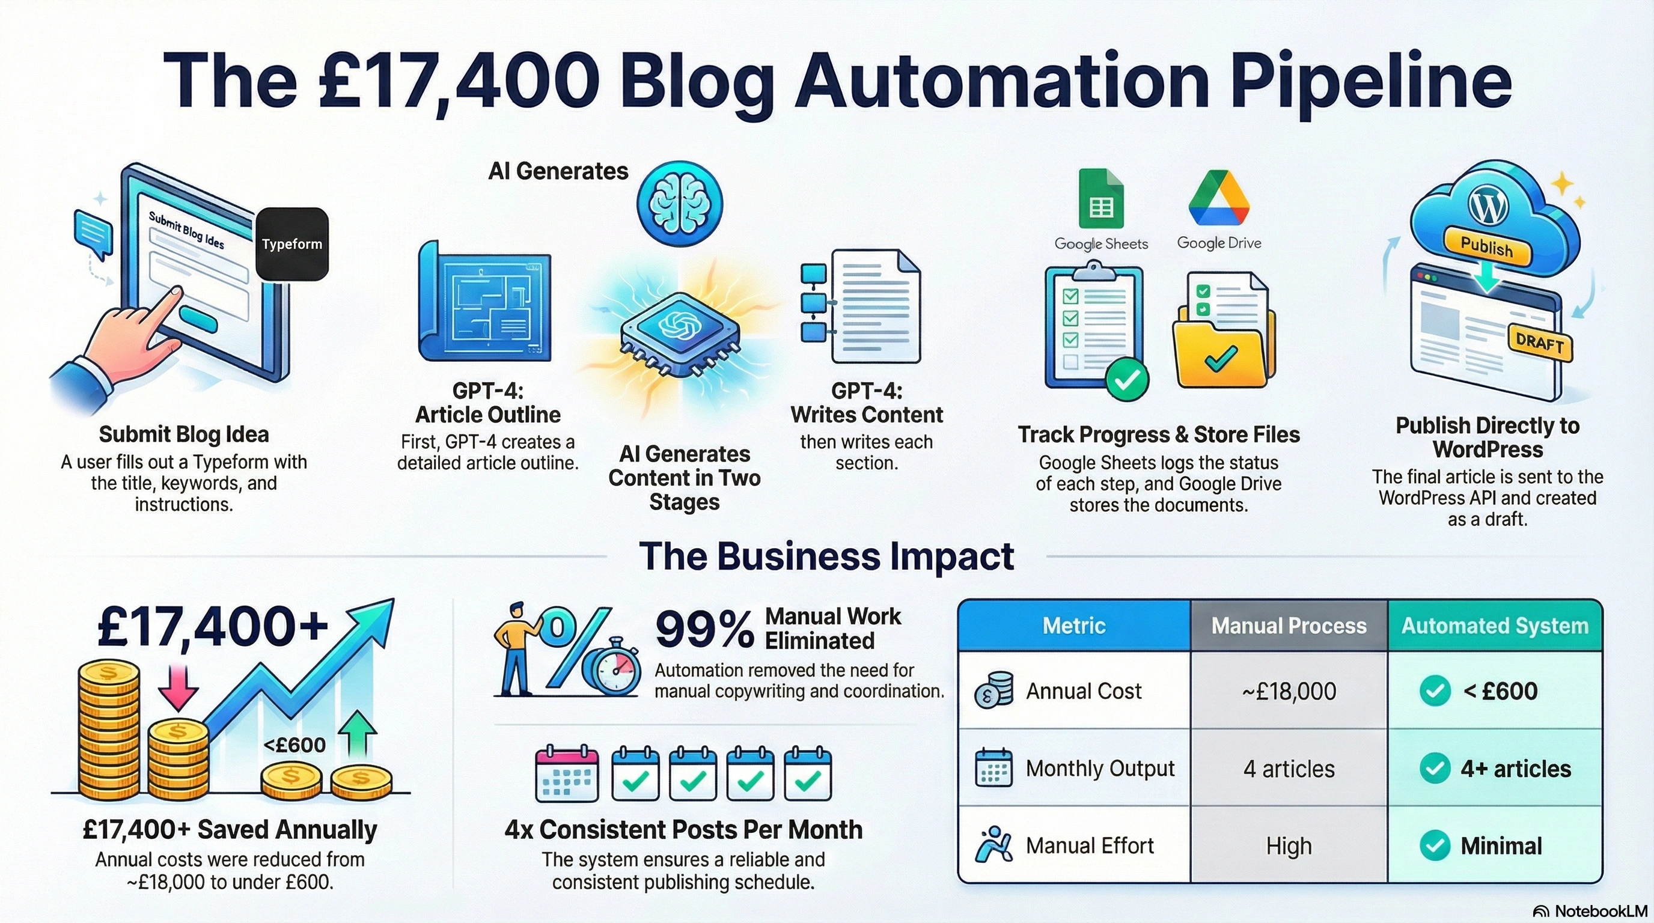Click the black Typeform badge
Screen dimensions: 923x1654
292,244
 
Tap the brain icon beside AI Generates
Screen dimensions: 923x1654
679,204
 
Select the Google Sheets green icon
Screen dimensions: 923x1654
1101,199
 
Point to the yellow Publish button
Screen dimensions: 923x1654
1486,247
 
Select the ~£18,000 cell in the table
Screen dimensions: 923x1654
1289,691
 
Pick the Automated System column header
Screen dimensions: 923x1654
1495,626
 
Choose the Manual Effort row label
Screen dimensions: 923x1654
1090,846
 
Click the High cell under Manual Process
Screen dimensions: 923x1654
1289,846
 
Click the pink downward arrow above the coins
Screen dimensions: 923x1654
178,687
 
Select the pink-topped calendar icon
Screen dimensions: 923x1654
567,773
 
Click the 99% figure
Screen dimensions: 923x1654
704,630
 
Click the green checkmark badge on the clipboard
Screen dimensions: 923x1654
1127,380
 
